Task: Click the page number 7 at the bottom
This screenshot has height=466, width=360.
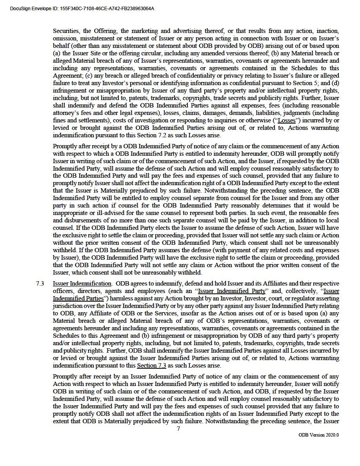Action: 178,429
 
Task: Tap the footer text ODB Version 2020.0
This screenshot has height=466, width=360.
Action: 318,435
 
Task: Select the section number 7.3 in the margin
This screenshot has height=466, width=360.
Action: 40,284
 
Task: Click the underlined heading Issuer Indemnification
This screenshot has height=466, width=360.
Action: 82,284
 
